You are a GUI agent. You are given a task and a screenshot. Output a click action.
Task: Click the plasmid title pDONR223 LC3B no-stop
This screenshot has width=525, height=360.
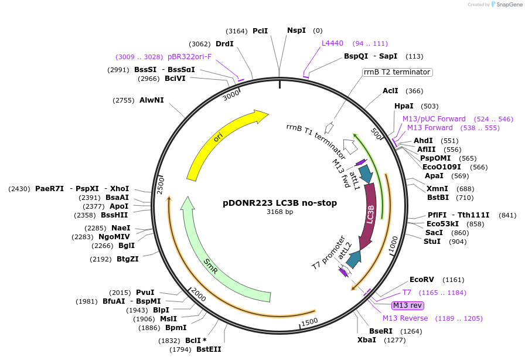tap(280, 203)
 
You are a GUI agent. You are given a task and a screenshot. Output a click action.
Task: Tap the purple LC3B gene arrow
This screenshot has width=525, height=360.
tap(370, 214)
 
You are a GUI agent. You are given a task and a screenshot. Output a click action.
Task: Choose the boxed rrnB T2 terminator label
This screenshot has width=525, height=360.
tap(397, 72)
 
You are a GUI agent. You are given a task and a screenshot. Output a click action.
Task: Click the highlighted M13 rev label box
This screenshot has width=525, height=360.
tap(408, 305)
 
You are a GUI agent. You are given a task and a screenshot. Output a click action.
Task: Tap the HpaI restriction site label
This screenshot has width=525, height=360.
tap(404, 106)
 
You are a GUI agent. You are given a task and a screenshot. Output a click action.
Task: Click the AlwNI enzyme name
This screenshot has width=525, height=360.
tap(152, 100)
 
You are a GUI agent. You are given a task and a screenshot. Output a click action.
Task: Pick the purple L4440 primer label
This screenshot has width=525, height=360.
tap(332, 43)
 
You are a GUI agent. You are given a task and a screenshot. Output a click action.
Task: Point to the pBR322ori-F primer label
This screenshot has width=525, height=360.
tap(190, 57)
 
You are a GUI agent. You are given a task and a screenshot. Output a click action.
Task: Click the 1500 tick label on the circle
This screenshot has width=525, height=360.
tap(309, 321)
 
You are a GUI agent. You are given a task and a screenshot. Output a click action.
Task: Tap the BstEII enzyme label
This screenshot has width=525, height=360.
tap(209, 349)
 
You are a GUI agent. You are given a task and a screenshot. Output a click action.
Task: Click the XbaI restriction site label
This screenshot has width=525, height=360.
tap(368, 339)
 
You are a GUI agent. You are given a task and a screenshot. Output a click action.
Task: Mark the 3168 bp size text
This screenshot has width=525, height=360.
tap(280, 212)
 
